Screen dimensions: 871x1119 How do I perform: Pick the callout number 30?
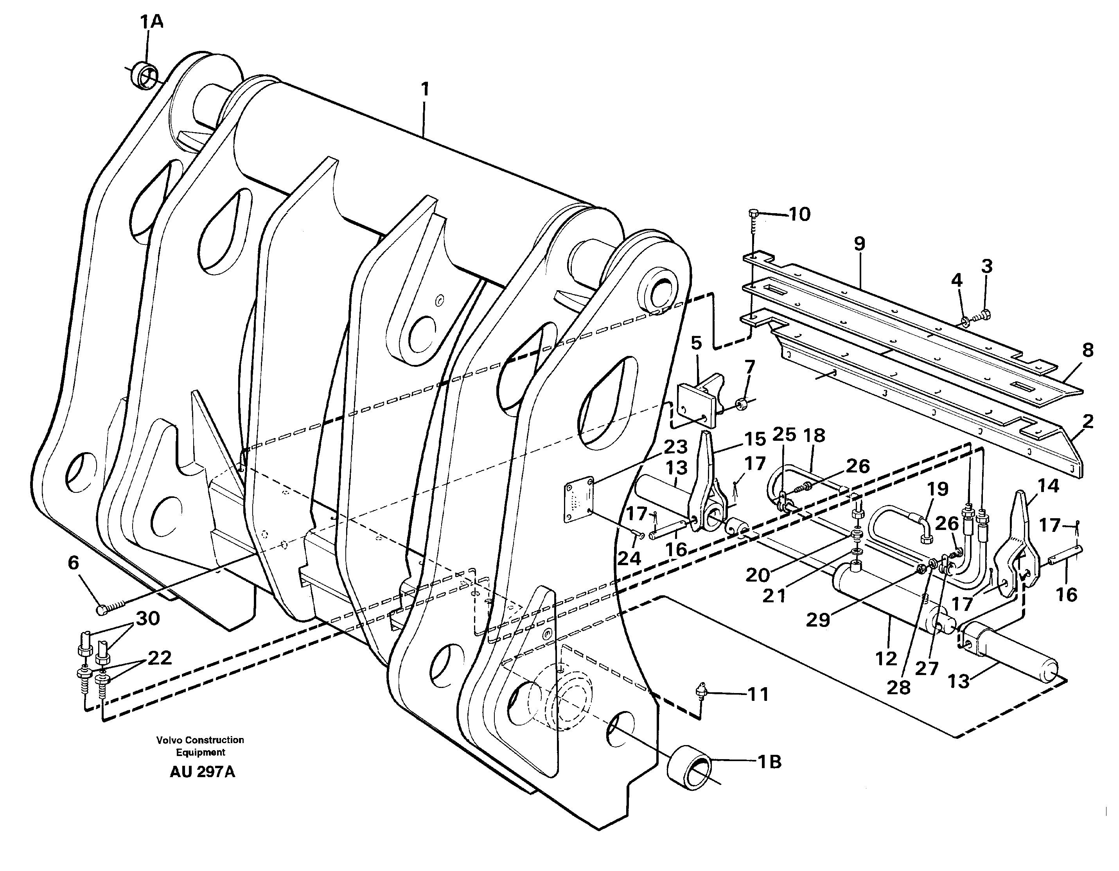pos(147,618)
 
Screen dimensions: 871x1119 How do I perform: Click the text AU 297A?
pos(202,787)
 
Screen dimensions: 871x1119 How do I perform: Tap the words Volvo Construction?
pos(200,740)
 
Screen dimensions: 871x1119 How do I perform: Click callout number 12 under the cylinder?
pos(886,659)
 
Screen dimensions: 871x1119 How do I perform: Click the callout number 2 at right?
pos(1088,421)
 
